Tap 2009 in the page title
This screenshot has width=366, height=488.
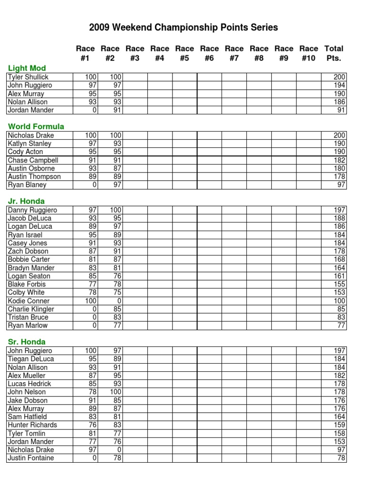click(x=99, y=28)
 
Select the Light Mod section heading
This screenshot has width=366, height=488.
click(x=27, y=68)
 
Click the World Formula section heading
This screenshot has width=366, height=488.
click(x=36, y=126)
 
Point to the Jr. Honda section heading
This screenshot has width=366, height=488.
click(x=27, y=201)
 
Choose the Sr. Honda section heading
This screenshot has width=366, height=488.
click(x=27, y=342)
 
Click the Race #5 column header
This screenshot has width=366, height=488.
click(x=184, y=53)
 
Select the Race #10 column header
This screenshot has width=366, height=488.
click(x=308, y=53)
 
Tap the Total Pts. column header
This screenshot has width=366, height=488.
click(x=334, y=53)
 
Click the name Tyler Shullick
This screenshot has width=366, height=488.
click(x=28, y=77)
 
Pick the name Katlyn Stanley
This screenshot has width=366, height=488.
click(x=30, y=143)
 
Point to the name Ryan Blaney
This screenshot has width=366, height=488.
click(x=27, y=185)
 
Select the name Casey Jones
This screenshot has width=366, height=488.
click(x=28, y=243)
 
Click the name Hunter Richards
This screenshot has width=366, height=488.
click(x=32, y=425)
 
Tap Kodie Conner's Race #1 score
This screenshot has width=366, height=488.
click(x=91, y=301)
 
